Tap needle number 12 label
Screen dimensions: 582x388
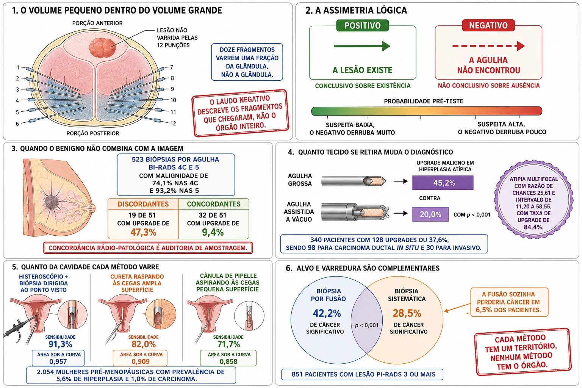[173, 123]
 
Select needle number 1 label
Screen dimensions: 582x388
[18, 67]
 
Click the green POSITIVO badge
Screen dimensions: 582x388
[363, 25]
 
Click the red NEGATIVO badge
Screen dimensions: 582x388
[488, 25]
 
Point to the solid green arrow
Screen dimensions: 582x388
[362, 46]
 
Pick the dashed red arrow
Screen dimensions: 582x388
[488, 46]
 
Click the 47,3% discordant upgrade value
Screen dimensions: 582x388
[143, 232]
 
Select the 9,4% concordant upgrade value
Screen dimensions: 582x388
[213, 232]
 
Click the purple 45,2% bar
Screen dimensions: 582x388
[443, 183]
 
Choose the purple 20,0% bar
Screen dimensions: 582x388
[430, 214]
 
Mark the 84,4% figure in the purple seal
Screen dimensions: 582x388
[533, 227]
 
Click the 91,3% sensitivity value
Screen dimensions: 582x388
[60, 344]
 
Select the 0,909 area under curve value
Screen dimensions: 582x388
[141, 361]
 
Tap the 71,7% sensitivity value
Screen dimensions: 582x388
[228, 344]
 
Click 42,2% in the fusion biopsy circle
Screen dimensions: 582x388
[327, 313]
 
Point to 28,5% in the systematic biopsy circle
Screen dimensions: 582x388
[407, 313]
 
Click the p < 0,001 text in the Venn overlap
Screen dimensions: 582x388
[367, 325]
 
